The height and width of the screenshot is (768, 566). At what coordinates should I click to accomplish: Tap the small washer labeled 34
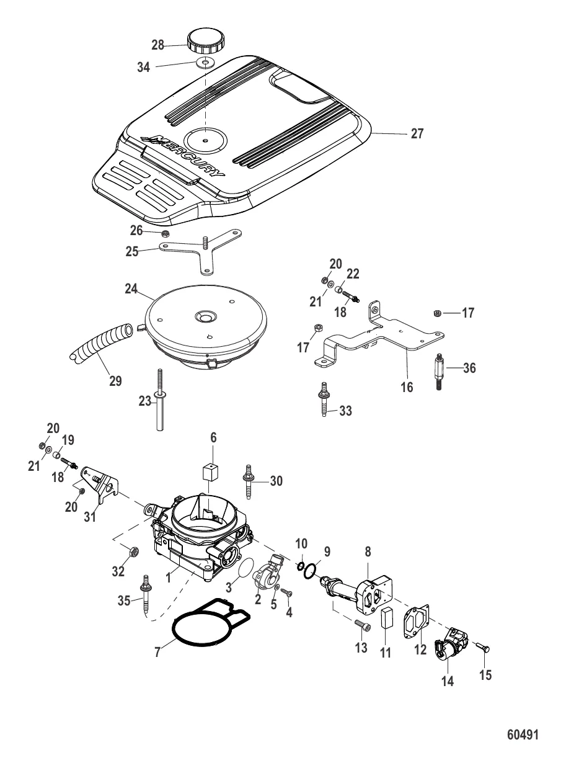point(206,63)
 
